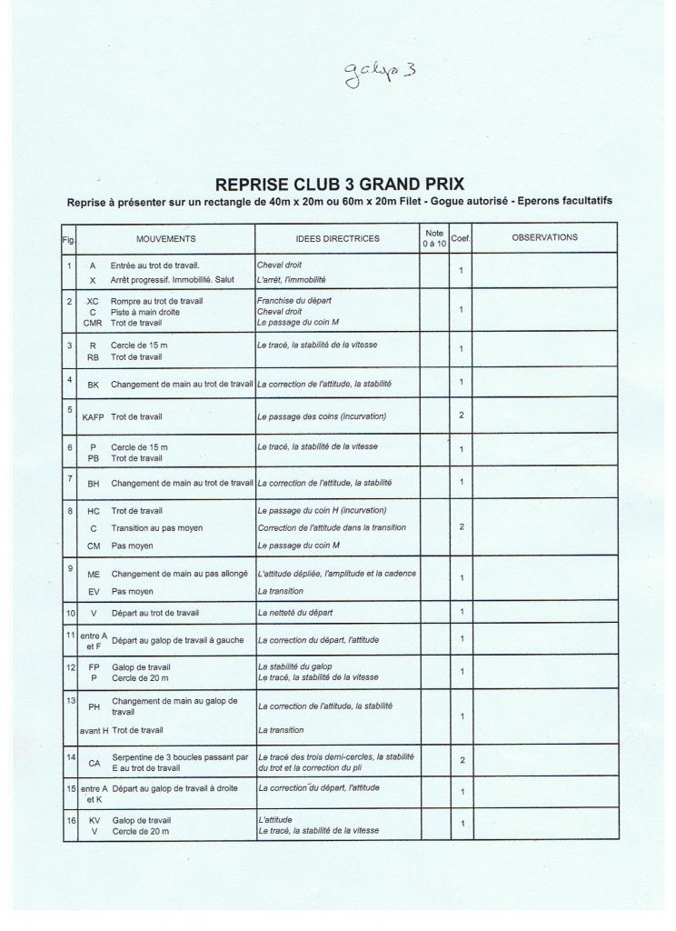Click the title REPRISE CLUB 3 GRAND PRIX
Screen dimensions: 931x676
click(340, 185)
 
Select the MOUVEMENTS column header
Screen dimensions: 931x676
click(165, 238)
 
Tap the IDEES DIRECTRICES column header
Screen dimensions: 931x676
click(337, 239)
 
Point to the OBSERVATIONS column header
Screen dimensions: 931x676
click(544, 238)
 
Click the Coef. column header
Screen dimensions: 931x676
click(461, 238)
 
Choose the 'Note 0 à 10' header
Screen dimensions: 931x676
click(433, 239)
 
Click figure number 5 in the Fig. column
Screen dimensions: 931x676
click(70, 409)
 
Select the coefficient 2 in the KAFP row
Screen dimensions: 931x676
click(462, 415)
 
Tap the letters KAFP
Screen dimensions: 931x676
click(93, 416)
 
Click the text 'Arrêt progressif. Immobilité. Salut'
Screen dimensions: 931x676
click(173, 280)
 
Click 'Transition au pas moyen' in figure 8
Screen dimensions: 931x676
click(157, 528)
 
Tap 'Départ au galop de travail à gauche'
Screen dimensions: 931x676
click(177, 640)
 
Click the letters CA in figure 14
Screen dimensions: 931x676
click(94, 763)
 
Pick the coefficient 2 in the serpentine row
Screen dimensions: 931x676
click(462, 760)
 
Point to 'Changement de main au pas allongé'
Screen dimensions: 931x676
click(181, 574)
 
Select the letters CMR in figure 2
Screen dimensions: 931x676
click(93, 323)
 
